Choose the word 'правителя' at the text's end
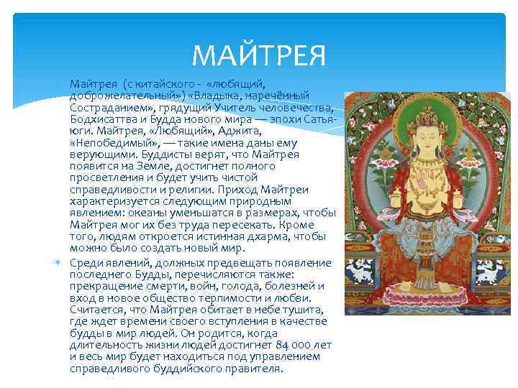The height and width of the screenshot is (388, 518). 252,368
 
